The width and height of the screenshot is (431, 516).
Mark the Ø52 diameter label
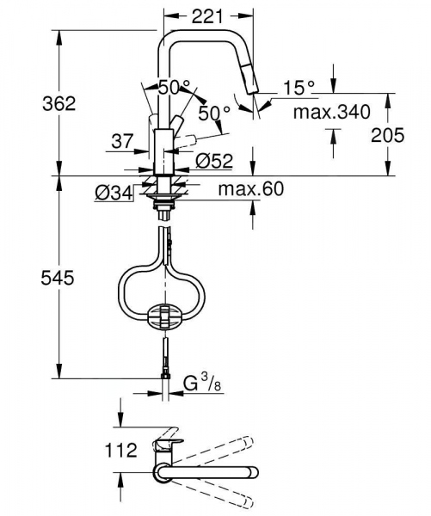click(x=213, y=160)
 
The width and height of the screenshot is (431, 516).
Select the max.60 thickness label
click(x=251, y=189)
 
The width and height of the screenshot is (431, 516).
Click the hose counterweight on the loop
click(x=167, y=316)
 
